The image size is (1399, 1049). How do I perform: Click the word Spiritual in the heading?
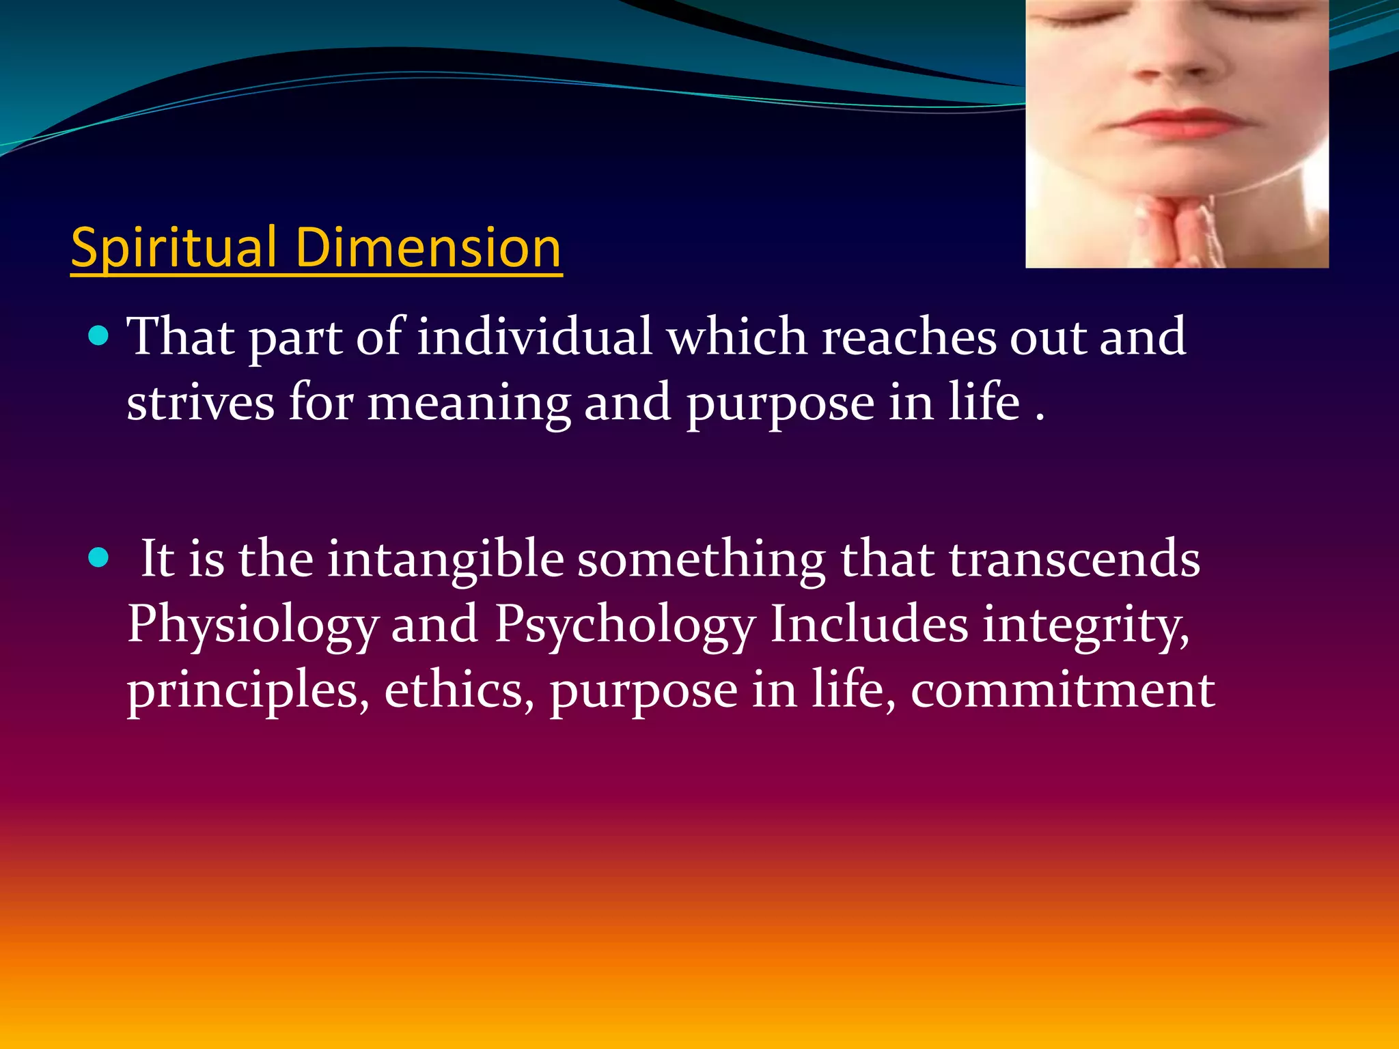tap(174, 247)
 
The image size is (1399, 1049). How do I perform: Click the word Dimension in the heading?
tap(428, 247)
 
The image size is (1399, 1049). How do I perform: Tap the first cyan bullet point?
tap(99, 336)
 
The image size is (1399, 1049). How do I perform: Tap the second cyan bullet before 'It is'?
tap(99, 558)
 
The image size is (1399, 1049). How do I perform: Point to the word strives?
tap(200, 402)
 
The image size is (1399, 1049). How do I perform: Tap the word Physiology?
tap(252, 625)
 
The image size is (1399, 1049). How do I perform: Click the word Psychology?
tap(625, 625)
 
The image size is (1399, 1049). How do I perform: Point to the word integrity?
tap(1085, 625)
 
